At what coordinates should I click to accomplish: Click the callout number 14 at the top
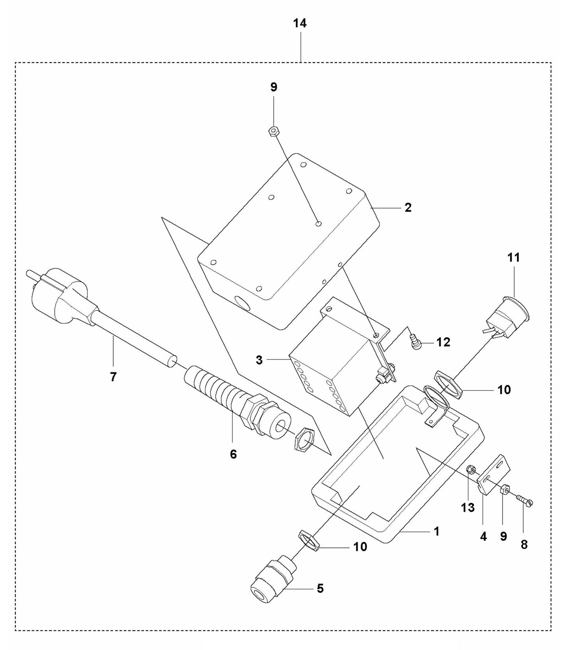(300, 24)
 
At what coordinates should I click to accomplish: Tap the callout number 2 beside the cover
(408, 207)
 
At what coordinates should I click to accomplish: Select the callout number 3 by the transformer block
(259, 360)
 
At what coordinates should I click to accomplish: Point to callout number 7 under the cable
(113, 377)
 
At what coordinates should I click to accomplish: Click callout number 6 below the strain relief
(234, 454)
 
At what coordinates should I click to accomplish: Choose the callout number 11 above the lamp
(513, 258)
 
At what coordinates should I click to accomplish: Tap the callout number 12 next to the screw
(443, 342)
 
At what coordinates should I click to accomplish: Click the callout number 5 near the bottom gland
(320, 589)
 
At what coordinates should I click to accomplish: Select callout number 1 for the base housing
(436, 531)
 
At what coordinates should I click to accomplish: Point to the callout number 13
(468, 508)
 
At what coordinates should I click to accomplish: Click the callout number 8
(524, 544)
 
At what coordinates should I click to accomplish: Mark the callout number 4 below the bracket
(483, 536)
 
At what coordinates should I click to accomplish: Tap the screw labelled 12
(415, 341)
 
